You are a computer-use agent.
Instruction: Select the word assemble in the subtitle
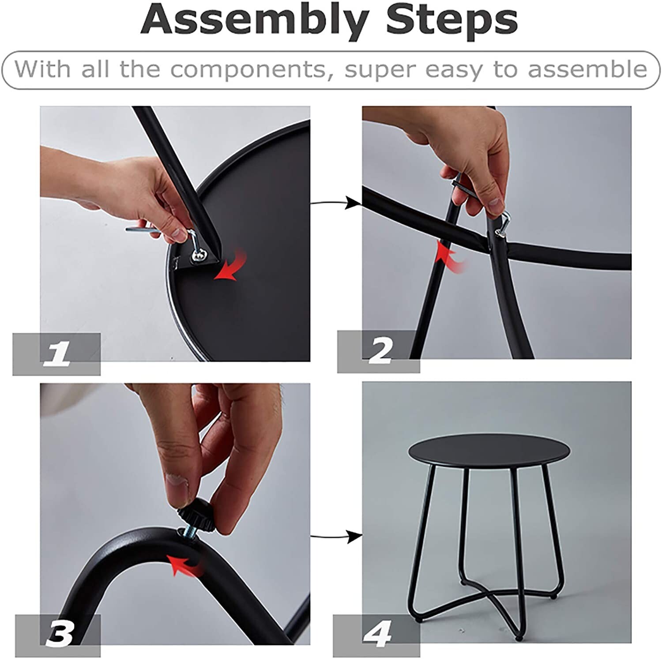(x=587, y=69)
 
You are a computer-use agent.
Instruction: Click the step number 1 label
(x=57, y=354)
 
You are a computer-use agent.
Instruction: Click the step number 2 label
(x=379, y=350)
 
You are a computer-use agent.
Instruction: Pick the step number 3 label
(x=58, y=635)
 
